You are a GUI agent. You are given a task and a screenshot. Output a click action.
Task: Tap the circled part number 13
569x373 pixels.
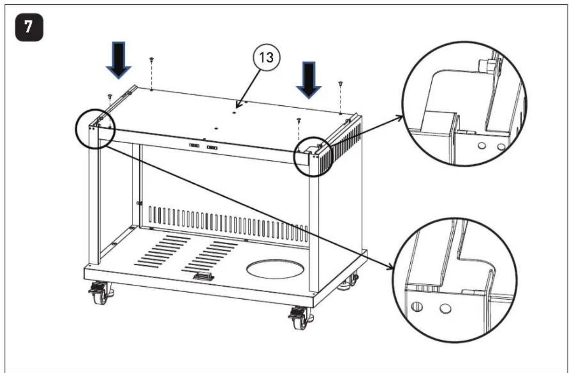click(268, 58)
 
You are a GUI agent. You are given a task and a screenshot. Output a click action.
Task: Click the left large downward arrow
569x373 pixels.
click(119, 59)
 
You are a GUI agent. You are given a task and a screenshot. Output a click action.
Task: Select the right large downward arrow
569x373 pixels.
click(308, 80)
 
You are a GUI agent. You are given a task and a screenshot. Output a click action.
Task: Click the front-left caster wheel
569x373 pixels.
click(100, 292)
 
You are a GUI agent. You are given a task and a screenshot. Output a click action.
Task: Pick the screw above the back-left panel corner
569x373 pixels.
click(152, 60)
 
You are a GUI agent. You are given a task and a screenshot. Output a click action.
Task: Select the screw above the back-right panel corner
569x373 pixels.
click(340, 84)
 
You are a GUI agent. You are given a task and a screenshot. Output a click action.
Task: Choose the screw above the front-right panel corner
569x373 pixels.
click(299, 120)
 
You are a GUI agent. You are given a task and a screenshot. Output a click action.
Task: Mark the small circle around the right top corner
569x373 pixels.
click(312, 156)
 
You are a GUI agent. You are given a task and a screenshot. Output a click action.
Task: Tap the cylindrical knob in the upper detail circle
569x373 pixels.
click(485, 66)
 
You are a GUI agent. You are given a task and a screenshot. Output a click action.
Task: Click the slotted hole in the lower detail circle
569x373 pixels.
click(417, 306)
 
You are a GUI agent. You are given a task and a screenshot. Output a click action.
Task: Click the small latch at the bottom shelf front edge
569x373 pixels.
click(203, 277)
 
